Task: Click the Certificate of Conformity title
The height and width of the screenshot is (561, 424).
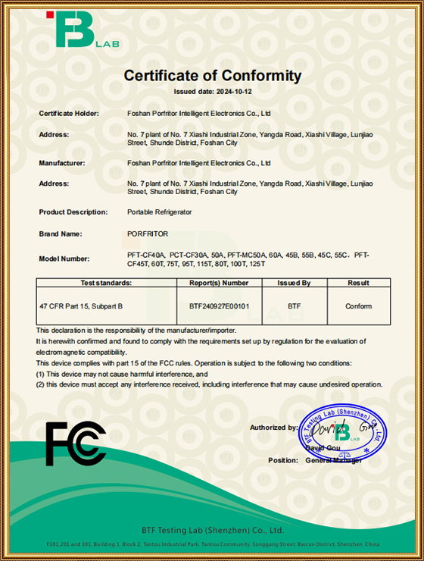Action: [212, 76]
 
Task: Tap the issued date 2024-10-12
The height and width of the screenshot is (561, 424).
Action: [212, 91]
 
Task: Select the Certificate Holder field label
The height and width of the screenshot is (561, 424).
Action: [69, 113]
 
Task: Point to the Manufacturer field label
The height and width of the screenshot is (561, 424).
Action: [62, 163]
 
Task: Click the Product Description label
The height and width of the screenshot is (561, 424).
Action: [73, 212]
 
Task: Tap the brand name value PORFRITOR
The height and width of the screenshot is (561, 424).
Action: [148, 234]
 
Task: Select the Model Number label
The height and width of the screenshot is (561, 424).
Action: [64, 259]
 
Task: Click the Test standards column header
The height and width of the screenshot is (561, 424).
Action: [106, 283]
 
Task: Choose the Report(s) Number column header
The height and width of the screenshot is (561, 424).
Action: [219, 283]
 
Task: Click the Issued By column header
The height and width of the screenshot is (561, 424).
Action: [295, 283]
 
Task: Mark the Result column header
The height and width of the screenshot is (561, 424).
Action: [358, 283]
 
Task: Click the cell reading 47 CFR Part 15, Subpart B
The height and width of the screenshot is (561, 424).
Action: [81, 306]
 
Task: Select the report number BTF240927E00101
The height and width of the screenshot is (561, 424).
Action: [219, 306]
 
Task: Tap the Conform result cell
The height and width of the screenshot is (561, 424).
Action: [358, 306]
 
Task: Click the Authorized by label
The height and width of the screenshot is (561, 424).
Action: [273, 428]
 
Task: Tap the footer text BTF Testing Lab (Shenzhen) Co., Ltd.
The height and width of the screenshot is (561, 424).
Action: [212, 530]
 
